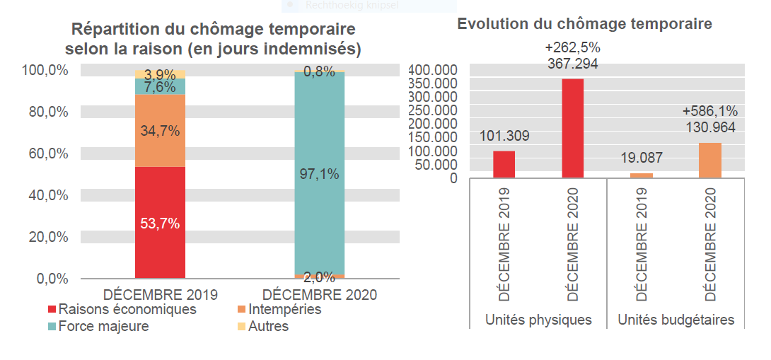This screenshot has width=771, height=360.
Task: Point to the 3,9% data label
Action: (x=160, y=74)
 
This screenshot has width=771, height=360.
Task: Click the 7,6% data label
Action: (x=160, y=87)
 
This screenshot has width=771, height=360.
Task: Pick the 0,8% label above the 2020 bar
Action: (x=319, y=71)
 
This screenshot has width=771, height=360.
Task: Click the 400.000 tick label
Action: (x=433, y=70)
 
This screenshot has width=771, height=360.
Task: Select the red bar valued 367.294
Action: (x=573, y=128)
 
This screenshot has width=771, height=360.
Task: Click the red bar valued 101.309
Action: (x=504, y=164)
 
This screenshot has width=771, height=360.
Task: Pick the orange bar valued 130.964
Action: (x=710, y=160)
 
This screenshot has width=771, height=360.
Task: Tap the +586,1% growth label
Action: (x=710, y=111)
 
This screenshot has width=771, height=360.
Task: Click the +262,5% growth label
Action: (x=573, y=47)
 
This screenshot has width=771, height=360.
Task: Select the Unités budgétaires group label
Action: (x=676, y=320)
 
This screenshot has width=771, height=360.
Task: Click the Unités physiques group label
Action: (x=538, y=320)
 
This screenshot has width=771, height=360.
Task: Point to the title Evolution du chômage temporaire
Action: (x=584, y=23)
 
